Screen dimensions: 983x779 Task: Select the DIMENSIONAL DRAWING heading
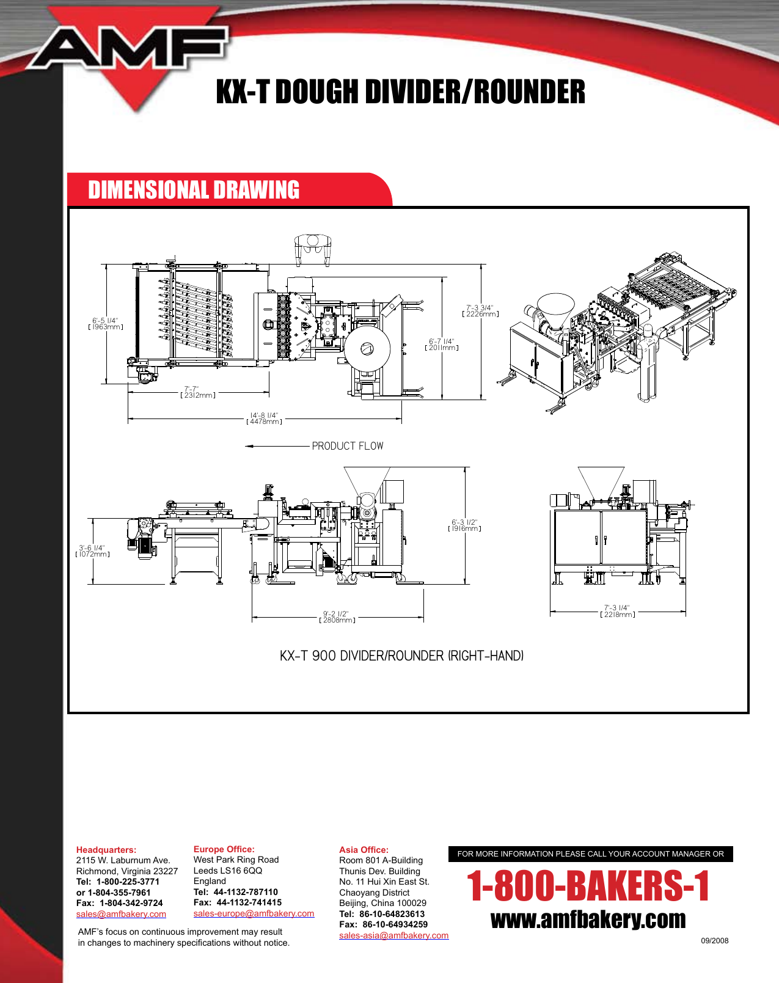tap(194, 190)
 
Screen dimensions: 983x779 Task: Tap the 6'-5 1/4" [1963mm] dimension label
tap(106, 324)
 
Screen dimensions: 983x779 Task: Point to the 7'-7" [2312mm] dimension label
tap(197, 392)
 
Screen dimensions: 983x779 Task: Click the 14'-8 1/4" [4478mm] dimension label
tap(264, 418)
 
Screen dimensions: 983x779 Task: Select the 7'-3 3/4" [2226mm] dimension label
tap(480, 311)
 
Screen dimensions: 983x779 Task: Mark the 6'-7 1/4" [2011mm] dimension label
tap(442, 345)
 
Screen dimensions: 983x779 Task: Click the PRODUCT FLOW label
tap(348, 446)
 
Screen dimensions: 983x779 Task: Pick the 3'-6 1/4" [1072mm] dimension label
tap(92, 551)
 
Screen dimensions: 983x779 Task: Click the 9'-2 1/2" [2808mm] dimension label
tap(337, 617)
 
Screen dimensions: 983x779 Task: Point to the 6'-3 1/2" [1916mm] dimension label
tap(464, 525)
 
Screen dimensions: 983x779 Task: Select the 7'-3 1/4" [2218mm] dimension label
tap(617, 611)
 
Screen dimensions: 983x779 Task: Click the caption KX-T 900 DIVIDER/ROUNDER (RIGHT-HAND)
tap(401, 656)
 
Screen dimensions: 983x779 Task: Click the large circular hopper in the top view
tap(367, 349)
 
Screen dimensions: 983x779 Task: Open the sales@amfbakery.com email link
tap(121, 914)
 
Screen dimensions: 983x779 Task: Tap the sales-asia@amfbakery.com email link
tap(393, 935)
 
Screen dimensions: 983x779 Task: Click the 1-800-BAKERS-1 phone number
tap(588, 886)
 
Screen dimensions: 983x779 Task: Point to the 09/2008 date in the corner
tap(714, 941)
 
